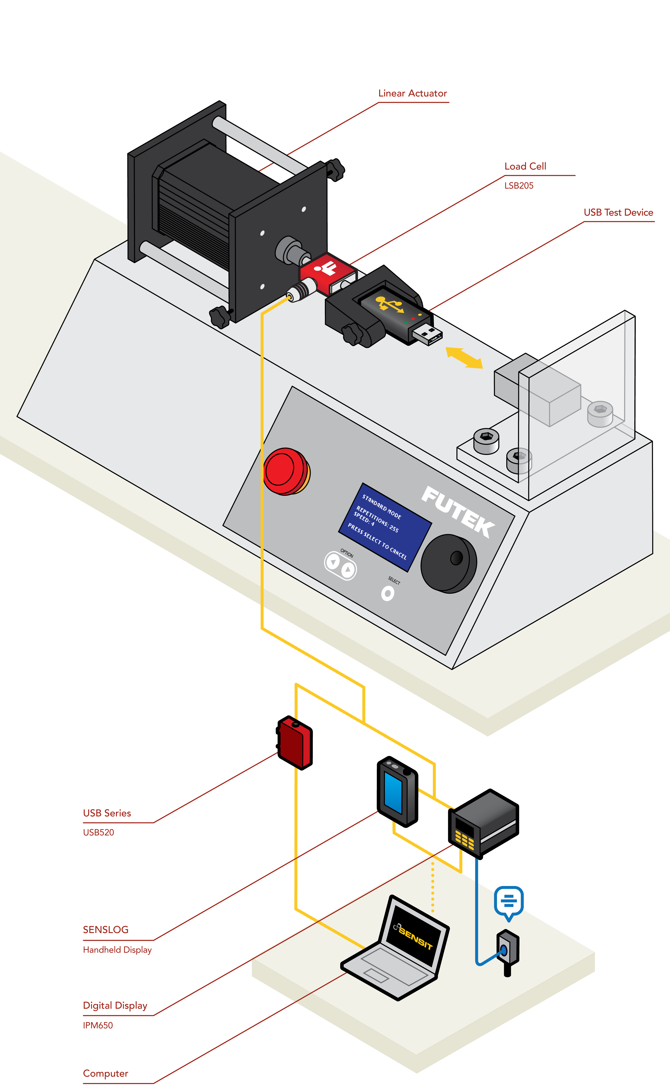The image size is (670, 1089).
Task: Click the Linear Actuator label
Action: [412, 94]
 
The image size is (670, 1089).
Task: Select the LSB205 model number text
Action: [519, 186]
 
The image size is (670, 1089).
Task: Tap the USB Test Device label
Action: [618, 213]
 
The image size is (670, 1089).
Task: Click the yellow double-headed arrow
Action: [464, 358]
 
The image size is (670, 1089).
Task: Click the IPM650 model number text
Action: [98, 1025]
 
